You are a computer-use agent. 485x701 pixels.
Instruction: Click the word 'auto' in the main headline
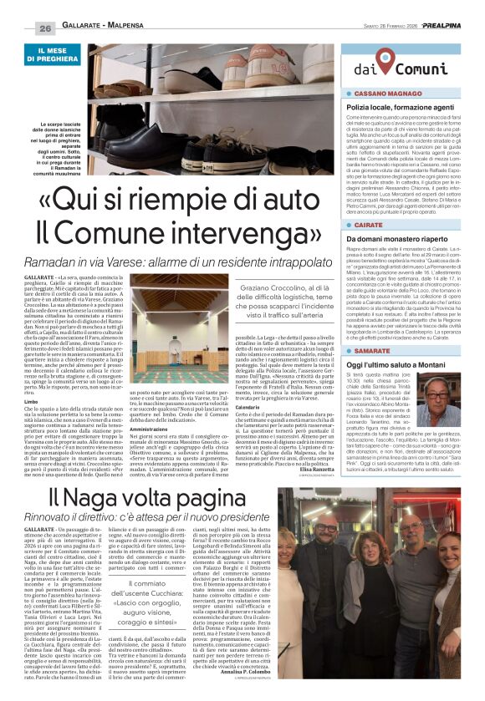click(276, 200)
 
